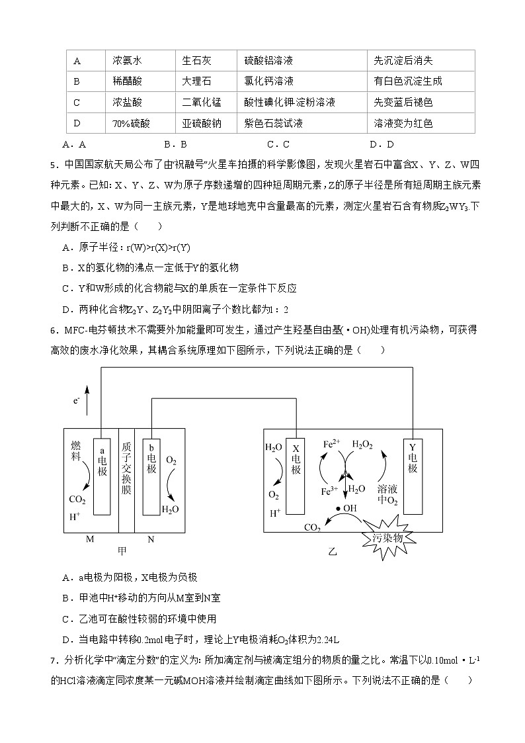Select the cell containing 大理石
tap(196, 81)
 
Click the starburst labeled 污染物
tap(388, 537)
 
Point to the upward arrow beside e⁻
tap(86, 401)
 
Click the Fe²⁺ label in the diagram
tap(332, 445)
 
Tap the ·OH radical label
tap(346, 508)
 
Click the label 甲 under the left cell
tap(122, 550)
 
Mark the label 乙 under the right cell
tap(333, 550)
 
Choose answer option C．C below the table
tap(278, 144)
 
